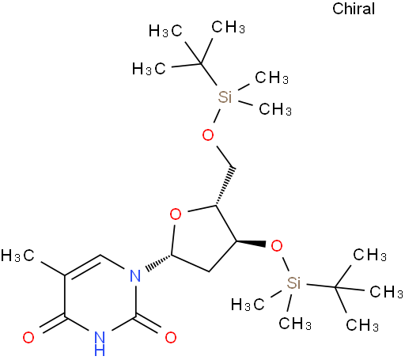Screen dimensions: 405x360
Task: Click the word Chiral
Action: pos(354,9)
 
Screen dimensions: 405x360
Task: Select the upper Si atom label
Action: pos(225,97)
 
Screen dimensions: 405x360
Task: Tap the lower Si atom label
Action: pos(293,283)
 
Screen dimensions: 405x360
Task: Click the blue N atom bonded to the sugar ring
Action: pos(135,276)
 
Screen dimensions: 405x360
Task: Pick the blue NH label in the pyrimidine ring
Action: pos(100,343)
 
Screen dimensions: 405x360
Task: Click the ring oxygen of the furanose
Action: pos(176,214)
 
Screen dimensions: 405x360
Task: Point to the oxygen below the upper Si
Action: pos(208,135)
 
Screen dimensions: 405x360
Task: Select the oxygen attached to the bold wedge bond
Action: pos(277,246)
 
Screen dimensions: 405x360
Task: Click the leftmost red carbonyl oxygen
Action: pos(28,337)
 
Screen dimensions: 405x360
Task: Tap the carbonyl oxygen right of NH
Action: pos(171,337)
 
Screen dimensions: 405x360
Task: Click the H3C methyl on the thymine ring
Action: pos(17,256)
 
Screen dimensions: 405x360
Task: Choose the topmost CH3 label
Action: pos(229,27)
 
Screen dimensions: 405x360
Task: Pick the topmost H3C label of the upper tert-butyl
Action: pos(165,31)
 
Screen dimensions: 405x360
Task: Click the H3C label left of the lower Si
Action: pos(248,305)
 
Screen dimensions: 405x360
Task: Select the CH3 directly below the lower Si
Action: pos(295,323)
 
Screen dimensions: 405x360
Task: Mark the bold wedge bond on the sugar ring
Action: pos(251,243)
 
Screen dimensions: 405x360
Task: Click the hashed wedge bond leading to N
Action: pos(159,262)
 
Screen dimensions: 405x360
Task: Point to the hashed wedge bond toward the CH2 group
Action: pos(225,186)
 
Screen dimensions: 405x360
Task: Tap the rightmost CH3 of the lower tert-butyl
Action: pos(387,291)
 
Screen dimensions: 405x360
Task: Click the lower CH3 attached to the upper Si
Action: pos(275,108)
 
